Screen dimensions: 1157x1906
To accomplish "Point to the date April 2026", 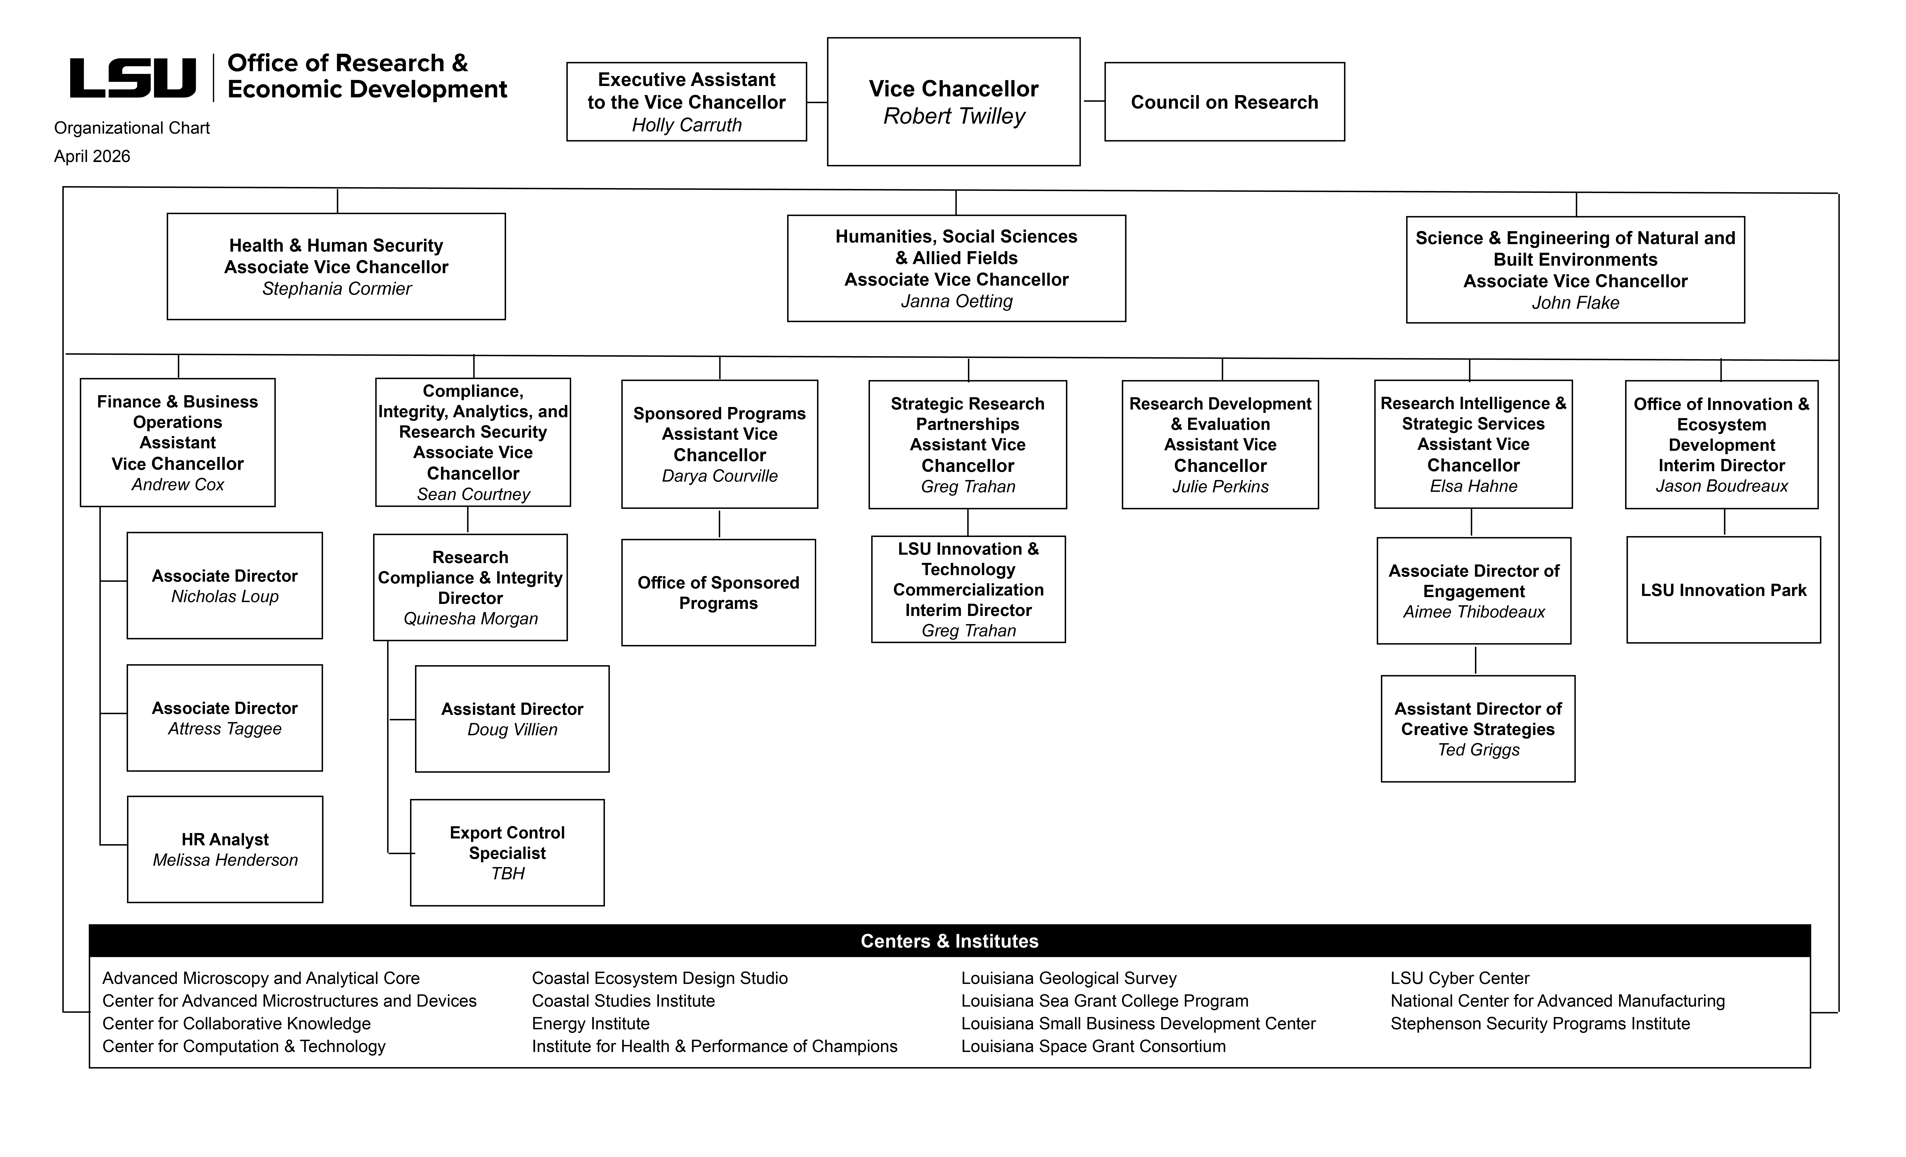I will [x=92, y=156].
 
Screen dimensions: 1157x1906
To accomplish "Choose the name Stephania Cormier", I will [x=336, y=289].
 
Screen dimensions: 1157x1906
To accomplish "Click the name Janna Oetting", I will [x=956, y=301].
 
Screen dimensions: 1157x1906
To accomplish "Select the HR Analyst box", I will [x=225, y=849].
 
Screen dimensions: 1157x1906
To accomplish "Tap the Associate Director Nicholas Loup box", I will [x=225, y=586].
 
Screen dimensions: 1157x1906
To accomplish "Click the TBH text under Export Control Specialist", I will [x=507, y=873].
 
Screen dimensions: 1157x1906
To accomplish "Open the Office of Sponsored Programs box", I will [x=719, y=592].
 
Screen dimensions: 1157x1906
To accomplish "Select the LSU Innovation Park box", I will [x=1723, y=590].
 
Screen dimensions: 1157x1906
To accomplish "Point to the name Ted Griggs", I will [x=1478, y=749].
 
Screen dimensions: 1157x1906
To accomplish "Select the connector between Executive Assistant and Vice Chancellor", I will [x=817, y=102].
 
